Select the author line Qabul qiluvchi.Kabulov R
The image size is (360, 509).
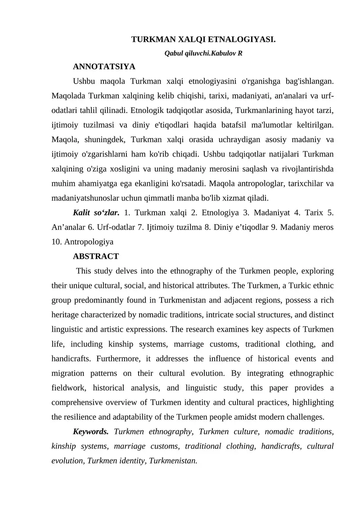coord(204,53)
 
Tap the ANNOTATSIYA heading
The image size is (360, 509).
coord(104,67)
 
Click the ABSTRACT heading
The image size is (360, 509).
coord(96,256)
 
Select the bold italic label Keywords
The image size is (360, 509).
coord(90,432)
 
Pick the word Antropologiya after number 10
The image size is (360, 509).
coord(89,241)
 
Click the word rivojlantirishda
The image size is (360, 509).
coord(307,169)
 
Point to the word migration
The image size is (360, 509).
coord(67,373)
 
